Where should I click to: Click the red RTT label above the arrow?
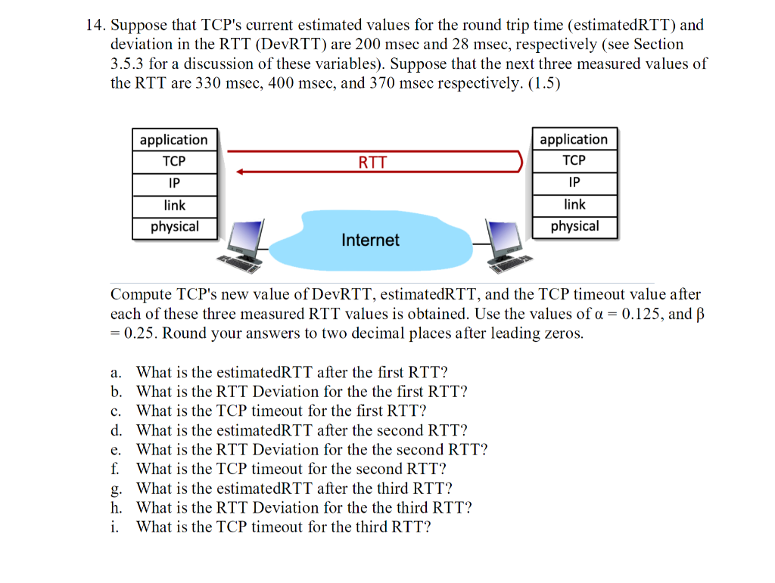372,163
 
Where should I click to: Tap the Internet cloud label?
370,240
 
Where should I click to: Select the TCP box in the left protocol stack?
174,162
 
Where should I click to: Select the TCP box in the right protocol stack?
574,160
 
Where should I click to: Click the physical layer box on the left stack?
174,227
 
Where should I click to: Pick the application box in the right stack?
574,139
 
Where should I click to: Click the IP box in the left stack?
174,184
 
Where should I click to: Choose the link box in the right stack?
574,204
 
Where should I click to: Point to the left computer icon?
241,246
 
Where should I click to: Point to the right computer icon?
508,246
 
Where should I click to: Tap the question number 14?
94,25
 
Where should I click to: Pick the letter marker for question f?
115,469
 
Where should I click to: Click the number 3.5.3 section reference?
127,64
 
